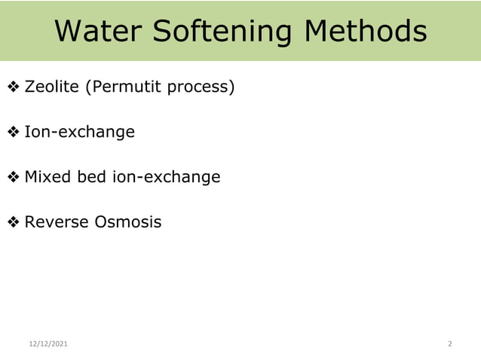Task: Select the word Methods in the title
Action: pyautogui.click(x=365, y=32)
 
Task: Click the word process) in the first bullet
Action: pyautogui.click(x=201, y=87)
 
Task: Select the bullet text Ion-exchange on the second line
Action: pyautogui.click(x=79, y=133)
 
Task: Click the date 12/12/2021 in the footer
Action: pyautogui.click(x=47, y=344)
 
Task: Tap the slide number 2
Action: pyautogui.click(x=450, y=344)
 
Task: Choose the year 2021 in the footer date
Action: pyautogui.click(x=59, y=344)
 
